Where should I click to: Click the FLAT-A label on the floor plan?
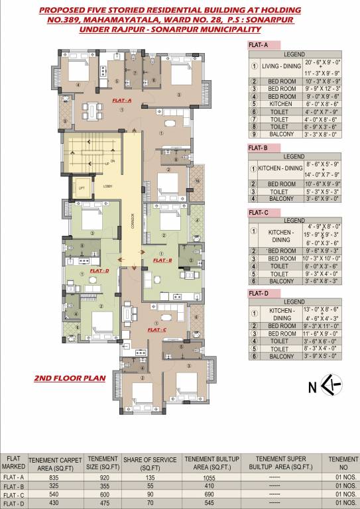click(x=123, y=101)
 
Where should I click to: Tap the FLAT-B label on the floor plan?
click(x=162, y=260)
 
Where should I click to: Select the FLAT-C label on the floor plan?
click(x=157, y=329)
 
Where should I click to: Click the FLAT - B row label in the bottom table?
click(x=14, y=485)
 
